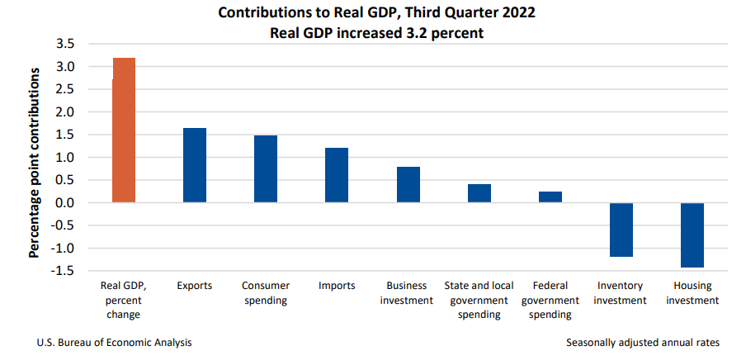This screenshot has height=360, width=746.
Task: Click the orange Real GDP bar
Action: (124, 130)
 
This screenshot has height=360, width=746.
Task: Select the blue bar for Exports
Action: (195, 165)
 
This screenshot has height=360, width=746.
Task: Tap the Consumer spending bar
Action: (266, 169)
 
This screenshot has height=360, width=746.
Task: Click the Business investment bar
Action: (408, 185)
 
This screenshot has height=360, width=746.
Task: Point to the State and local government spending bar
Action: (479, 193)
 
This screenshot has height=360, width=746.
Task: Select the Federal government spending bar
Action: (550, 197)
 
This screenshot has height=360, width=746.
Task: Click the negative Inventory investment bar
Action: (621, 230)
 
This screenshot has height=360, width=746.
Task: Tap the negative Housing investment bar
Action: (692, 235)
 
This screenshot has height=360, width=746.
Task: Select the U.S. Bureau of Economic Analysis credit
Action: (116, 342)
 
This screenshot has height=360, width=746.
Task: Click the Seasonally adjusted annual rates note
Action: (643, 342)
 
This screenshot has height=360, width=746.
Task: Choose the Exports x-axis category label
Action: (195, 286)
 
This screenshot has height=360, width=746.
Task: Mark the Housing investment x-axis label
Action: (692, 293)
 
